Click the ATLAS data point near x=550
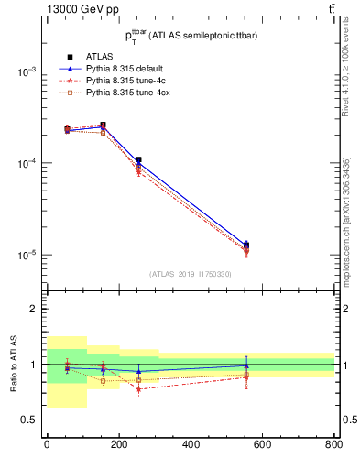coord(246,245)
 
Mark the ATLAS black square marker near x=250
coord(138,160)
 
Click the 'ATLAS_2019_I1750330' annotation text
coord(191,274)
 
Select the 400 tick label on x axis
coord(191,445)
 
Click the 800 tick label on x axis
coord(333,445)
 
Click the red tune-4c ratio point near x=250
coord(138,388)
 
